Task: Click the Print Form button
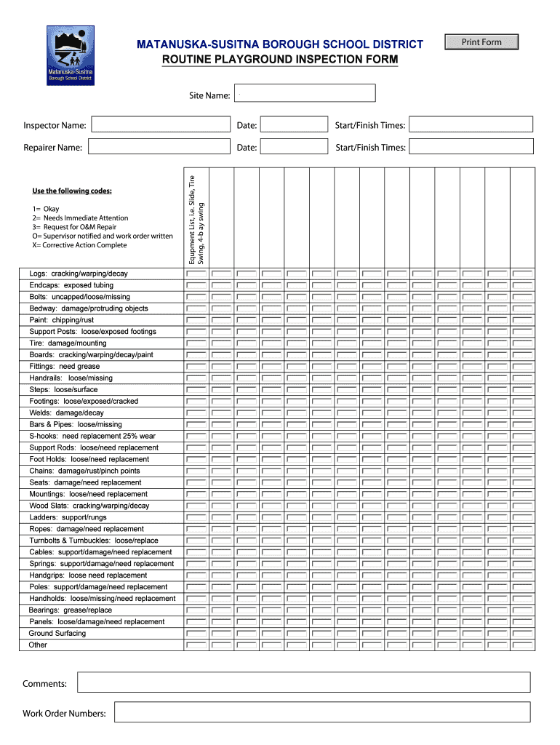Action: (x=481, y=42)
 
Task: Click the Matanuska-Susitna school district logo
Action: (x=70, y=55)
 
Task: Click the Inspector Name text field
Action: (x=159, y=125)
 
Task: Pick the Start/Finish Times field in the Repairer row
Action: (x=471, y=147)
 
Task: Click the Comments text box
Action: (x=304, y=682)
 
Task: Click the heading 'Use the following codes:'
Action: (x=72, y=191)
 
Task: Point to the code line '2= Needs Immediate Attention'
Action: (x=80, y=218)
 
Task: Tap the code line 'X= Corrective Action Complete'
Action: (x=79, y=245)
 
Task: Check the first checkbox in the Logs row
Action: (x=196, y=274)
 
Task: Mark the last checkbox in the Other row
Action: (x=522, y=645)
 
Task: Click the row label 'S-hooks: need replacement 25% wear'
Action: (x=92, y=436)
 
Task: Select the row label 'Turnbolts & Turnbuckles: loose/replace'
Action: (x=94, y=541)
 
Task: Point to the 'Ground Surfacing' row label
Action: (x=57, y=633)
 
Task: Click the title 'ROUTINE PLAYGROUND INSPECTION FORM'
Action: (x=280, y=59)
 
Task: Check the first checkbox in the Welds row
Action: (x=196, y=413)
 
